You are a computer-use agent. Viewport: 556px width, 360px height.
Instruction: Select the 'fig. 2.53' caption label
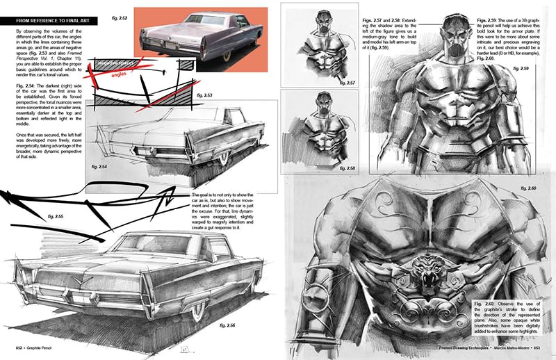coord(206,94)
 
